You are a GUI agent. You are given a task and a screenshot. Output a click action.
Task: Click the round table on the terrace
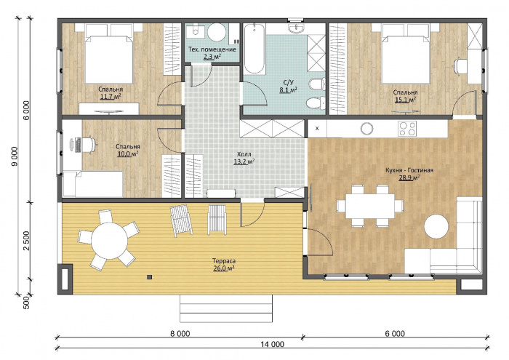click(x=109, y=241)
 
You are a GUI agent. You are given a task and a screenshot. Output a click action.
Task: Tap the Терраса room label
click(x=224, y=261)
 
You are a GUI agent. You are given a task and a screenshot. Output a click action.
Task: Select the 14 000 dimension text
click(x=272, y=344)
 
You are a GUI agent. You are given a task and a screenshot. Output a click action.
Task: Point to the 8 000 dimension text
click(x=179, y=333)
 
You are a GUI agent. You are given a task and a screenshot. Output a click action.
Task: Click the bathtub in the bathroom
click(x=254, y=49)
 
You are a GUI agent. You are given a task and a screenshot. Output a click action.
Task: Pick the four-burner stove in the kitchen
click(x=407, y=128)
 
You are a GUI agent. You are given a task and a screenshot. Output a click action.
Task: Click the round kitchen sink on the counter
click(x=366, y=129)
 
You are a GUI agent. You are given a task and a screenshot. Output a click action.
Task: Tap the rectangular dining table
click(x=370, y=206)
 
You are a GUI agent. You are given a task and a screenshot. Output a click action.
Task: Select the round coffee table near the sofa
click(x=436, y=227)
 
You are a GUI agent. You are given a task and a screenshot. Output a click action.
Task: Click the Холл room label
click(x=244, y=154)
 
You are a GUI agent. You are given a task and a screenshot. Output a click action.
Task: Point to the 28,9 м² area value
click(x=409, y=177)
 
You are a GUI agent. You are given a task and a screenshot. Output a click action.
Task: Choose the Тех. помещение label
click(x=212, y=49)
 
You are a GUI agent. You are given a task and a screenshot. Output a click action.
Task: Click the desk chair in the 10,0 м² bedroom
click(x=89, y=145)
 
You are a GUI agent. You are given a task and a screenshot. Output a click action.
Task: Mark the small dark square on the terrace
click(x=149, y=277)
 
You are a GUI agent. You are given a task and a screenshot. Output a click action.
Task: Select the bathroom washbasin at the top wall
click(x=296, y=28)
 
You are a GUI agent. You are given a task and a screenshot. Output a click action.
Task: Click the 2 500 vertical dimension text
click(x=26, y=241)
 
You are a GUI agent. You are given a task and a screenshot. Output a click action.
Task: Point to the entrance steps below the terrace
click(x=226, y=308)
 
